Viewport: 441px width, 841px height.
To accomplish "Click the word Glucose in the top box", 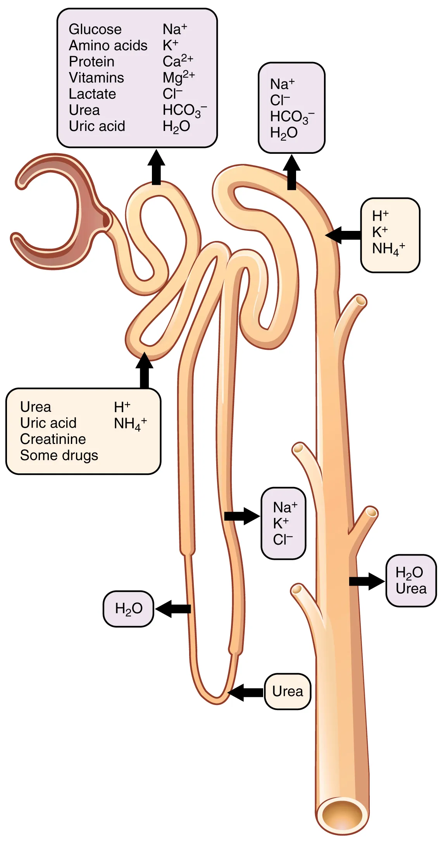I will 95,29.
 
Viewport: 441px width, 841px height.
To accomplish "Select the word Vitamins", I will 96,78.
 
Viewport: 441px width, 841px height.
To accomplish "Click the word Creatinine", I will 53,439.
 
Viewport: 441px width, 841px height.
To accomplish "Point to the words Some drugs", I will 59,456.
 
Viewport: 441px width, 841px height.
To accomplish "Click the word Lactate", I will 92,94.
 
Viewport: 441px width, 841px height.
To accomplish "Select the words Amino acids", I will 108,46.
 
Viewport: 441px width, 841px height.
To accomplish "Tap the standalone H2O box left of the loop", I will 128,609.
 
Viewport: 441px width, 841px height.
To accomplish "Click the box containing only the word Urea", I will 288,691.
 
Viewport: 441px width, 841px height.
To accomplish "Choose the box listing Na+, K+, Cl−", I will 284,523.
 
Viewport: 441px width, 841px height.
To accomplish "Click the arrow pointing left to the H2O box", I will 173,609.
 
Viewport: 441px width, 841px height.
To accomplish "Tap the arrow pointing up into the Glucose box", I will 156,167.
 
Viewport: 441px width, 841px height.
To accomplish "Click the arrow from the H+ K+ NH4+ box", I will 343,235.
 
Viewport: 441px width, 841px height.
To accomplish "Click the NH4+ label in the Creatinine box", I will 130,424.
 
